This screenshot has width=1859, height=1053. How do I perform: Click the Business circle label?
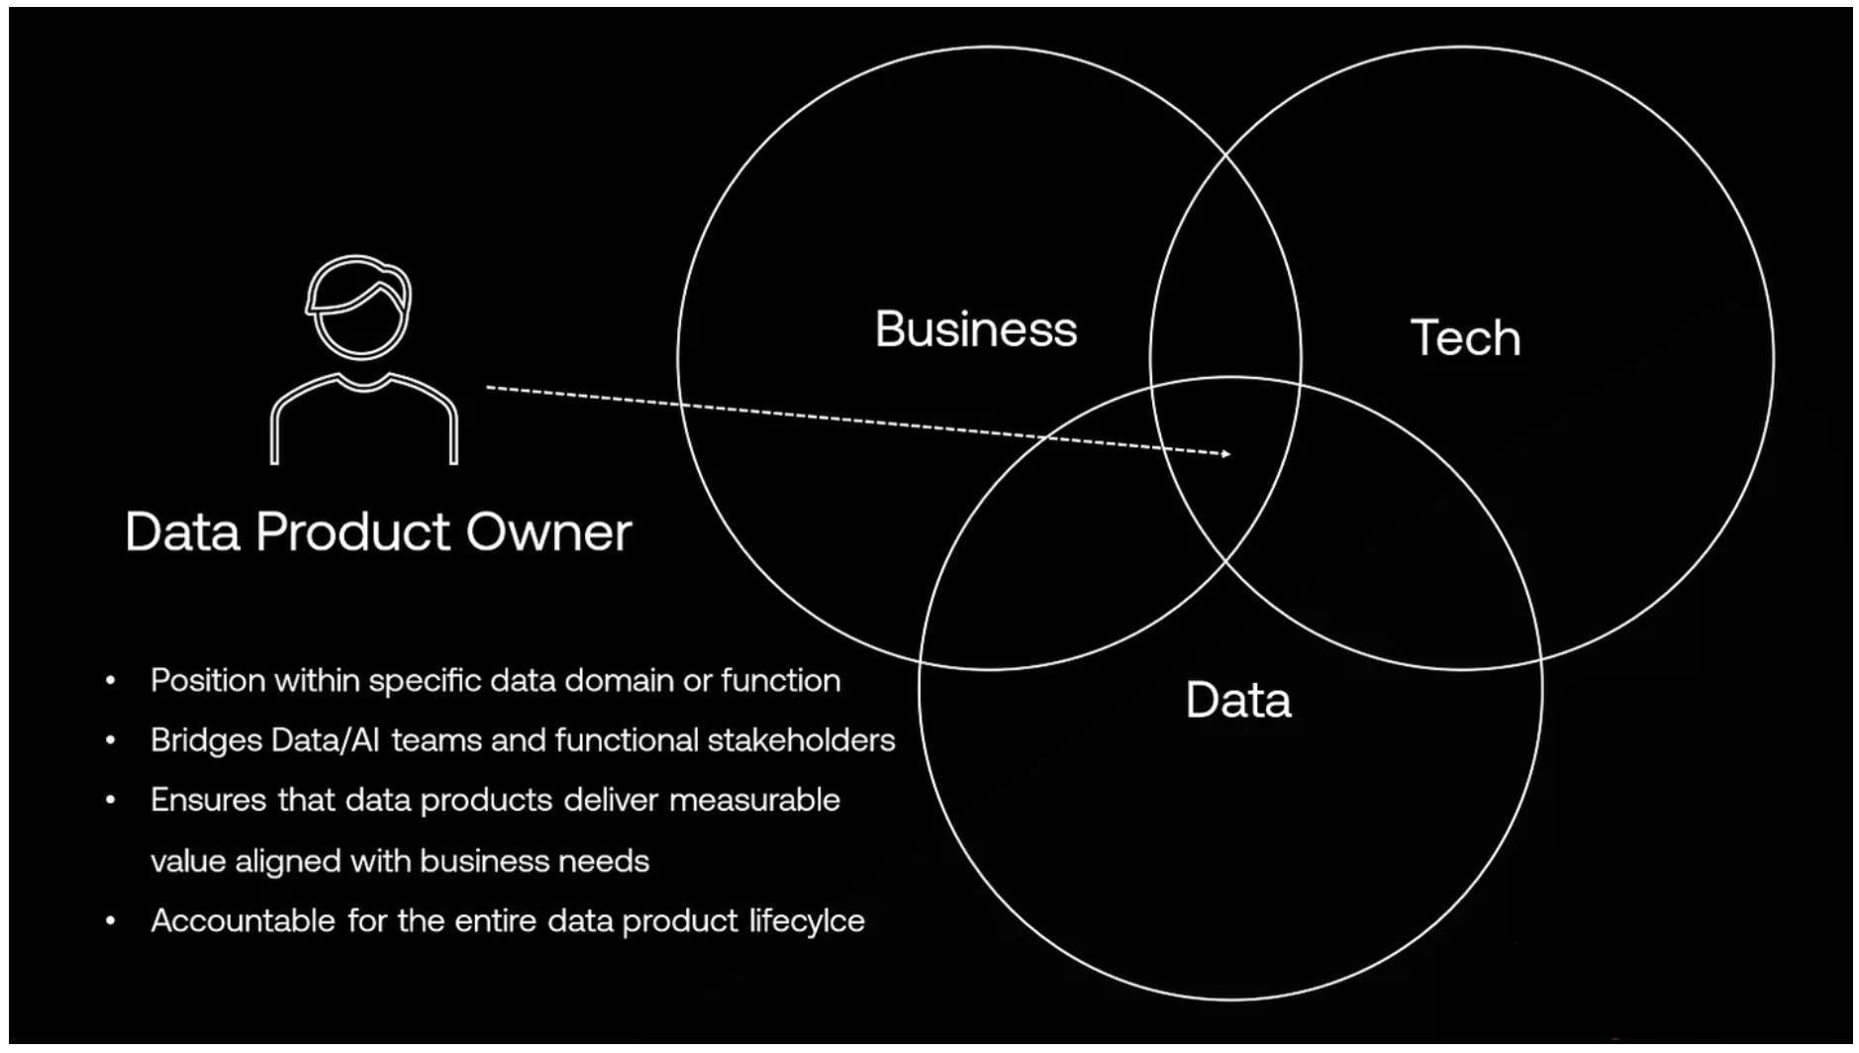point(975,330)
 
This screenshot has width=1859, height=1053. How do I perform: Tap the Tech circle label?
point(1464,338)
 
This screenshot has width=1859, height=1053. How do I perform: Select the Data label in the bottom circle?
point(1237,701)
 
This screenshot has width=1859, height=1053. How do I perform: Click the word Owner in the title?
point(548,532)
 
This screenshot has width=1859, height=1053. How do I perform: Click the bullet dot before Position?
point(111,681)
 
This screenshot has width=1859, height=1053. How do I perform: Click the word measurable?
point(754,800)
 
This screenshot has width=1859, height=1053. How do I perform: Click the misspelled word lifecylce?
point(806,921)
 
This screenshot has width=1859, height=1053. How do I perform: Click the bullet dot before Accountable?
point(111,921)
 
